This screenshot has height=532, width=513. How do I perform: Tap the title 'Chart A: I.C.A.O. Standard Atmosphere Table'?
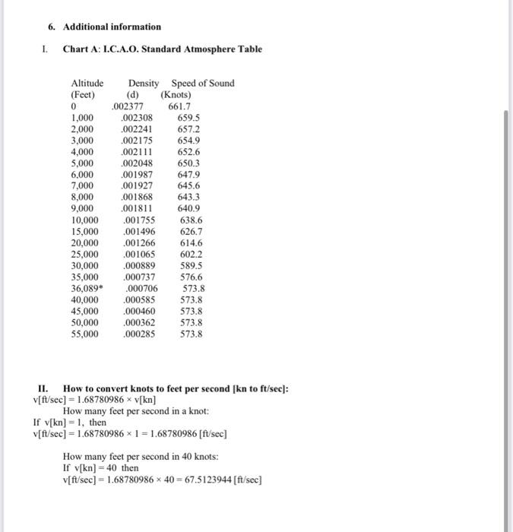pos(162,49)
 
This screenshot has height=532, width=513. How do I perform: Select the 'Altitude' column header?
pos(87,83)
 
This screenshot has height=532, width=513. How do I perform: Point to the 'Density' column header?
pos(144,83)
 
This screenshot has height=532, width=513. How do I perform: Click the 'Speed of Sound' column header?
pos(203,83)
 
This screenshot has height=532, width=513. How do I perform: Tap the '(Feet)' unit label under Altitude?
pos(83,95)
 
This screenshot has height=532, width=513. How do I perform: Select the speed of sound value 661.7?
pos(180,107)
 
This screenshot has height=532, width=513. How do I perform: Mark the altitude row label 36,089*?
pos(86,288)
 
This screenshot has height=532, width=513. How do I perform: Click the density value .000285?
pos(138,333)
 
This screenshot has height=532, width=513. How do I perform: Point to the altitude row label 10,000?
pos(84,220)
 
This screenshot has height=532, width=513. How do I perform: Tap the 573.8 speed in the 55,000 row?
pos(192,333)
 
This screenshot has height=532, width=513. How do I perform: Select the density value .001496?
pos(138,232)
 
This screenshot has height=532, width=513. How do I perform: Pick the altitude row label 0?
pos(73,107)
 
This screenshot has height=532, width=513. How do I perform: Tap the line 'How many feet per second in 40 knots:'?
pos(141,457)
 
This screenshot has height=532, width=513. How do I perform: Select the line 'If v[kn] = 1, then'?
pos(70,422)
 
